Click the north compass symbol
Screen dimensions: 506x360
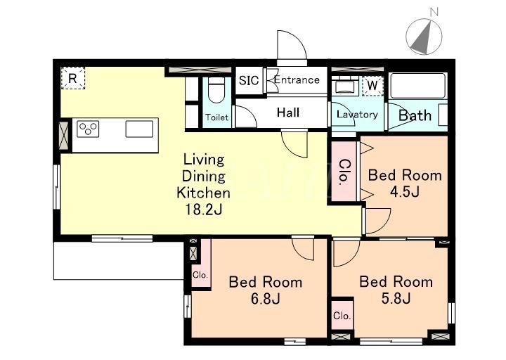[x=424, y=36]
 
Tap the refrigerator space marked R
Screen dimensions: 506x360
[x=73, y=78]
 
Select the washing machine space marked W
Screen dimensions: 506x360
[x=372, y=86]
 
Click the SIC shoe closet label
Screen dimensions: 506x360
[x=249, y=80]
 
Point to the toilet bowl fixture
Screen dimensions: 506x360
[x=216, y=90]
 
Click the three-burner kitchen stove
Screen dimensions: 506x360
[x=88, y=129]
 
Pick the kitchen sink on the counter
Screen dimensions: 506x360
[x=139, y=129]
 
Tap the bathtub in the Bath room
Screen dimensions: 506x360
[x=418, y=86]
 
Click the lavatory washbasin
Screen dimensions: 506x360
[x=345, y=87]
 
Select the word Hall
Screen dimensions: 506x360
[x=288, y=112]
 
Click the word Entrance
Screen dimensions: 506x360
[x=297, y=79]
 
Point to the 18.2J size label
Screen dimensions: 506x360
[x=203, y=210]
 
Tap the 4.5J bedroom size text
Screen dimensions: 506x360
[x=405, y=192]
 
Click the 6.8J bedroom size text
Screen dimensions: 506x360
[x=265, y=299]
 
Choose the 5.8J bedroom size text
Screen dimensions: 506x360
[x=396, y=298]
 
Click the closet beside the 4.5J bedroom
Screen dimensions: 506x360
[x=344, y=171]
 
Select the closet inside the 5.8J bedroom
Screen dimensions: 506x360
[x=342, y=315]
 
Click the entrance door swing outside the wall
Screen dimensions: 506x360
[x=292, y=45]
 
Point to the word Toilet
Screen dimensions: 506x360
[x=217, y=117]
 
